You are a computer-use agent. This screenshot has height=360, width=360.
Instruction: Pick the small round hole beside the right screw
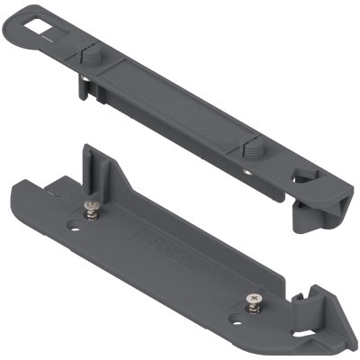[x=235, y=318]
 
